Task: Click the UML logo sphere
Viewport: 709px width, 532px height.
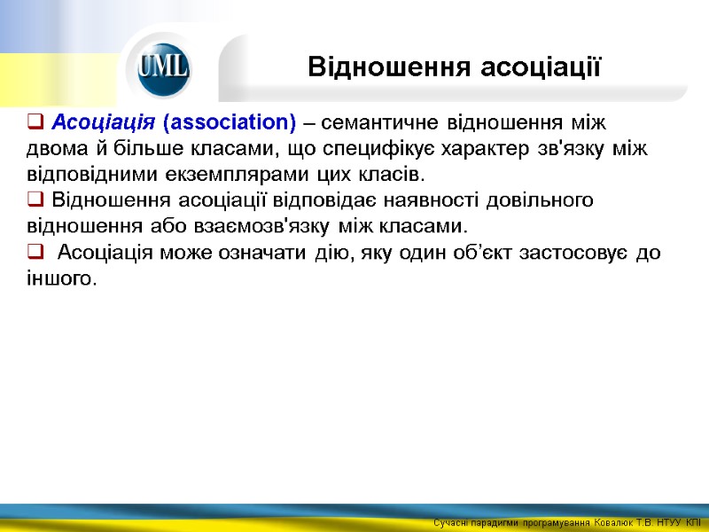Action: pos(163,67)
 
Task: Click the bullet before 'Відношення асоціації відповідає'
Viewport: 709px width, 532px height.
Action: pos(35,199)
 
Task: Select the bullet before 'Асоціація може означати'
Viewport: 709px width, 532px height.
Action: pos(35,253)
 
